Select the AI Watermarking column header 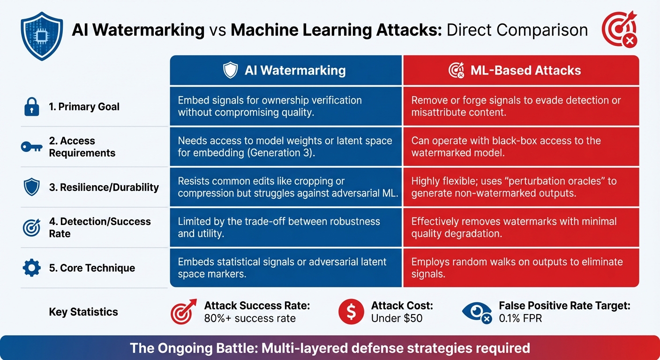click(286, 70)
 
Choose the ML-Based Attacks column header click(521, 70)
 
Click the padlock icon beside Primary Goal click(31, 107)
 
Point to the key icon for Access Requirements click(32, 147)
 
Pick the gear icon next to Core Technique click(31, 268)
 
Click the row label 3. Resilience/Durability click(104, 187)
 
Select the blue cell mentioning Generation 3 click(285, 146)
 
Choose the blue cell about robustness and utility click(285, 227)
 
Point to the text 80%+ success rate click(250, 319)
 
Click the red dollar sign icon click(351, 312)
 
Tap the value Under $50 click(397, 319)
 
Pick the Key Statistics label click(83, 312)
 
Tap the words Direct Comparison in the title click(517, 30)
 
